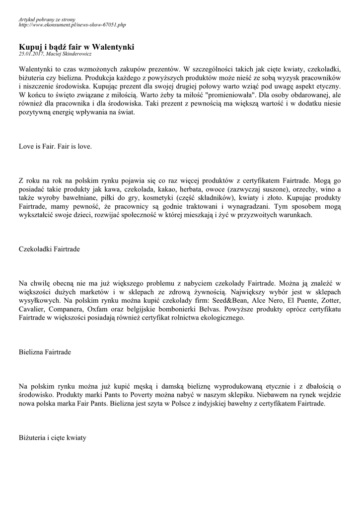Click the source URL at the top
[72, 24]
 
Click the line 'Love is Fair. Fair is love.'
[55, 147]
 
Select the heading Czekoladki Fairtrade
[49, 248]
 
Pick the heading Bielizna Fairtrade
[45, 352]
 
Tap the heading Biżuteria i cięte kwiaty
[53, 438]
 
